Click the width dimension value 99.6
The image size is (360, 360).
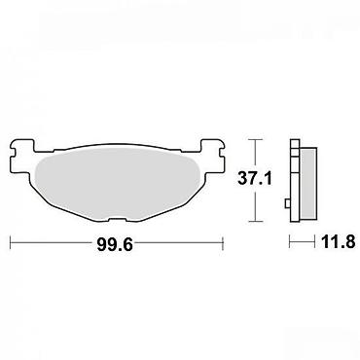[x=115, y=244]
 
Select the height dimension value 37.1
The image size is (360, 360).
[x=255, y=178]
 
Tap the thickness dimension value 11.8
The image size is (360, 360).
[x=339, y=242]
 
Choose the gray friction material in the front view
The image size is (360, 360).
[x=117, y=185]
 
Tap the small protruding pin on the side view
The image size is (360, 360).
[x=287, y=203]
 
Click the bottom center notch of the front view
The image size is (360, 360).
[x=117, y=221]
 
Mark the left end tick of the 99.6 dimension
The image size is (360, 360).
[x=11, y=243]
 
